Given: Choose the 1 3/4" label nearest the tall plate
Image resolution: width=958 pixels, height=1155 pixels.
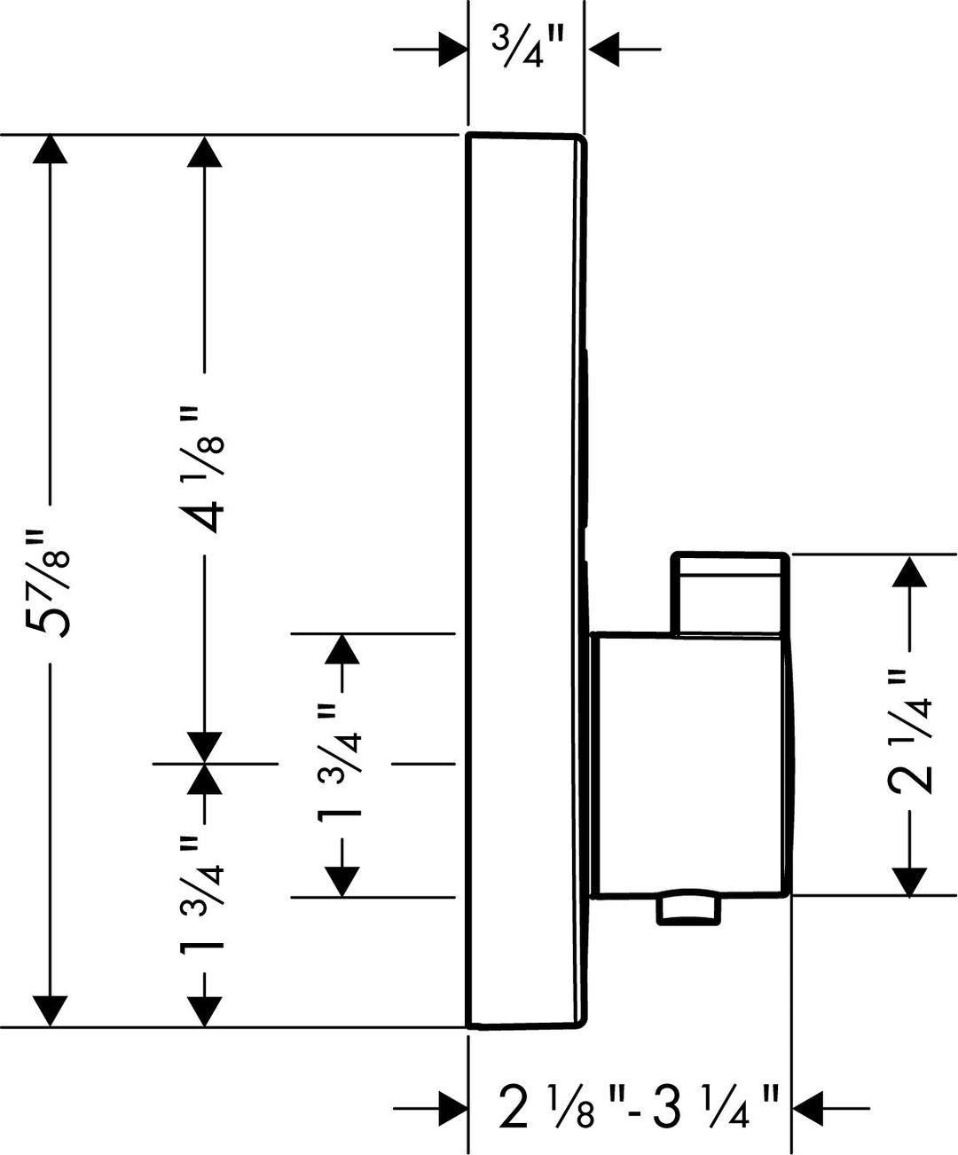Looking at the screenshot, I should tap(342, 765).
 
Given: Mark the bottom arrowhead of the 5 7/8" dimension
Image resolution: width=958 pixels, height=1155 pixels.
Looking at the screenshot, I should tap(50, 1012).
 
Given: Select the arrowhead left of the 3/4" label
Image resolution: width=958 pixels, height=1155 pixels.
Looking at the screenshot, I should tap(452, 49).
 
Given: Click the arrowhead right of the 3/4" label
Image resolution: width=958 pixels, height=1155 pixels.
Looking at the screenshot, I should tap(601, 49).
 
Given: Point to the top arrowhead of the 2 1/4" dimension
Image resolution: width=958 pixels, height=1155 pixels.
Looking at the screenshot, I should tap(910, 570).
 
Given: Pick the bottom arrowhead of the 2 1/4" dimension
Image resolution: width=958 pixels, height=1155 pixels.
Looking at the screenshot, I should tap(910, 881).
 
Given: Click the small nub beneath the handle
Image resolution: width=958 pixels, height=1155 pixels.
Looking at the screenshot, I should tap(687, 909).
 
